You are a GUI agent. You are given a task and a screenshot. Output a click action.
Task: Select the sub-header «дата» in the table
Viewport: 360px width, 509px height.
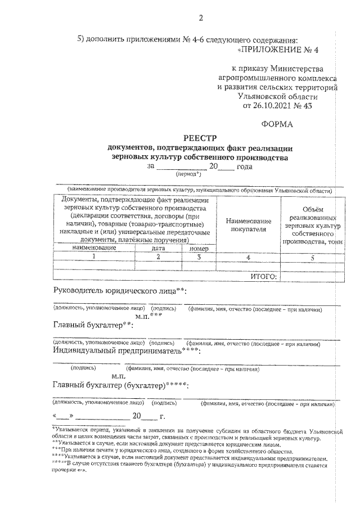tap(158, 247)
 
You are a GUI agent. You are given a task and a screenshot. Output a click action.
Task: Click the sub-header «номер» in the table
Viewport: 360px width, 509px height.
tap(199, 247)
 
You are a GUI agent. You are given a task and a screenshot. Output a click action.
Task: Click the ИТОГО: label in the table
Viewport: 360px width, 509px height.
tap(264, 277)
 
